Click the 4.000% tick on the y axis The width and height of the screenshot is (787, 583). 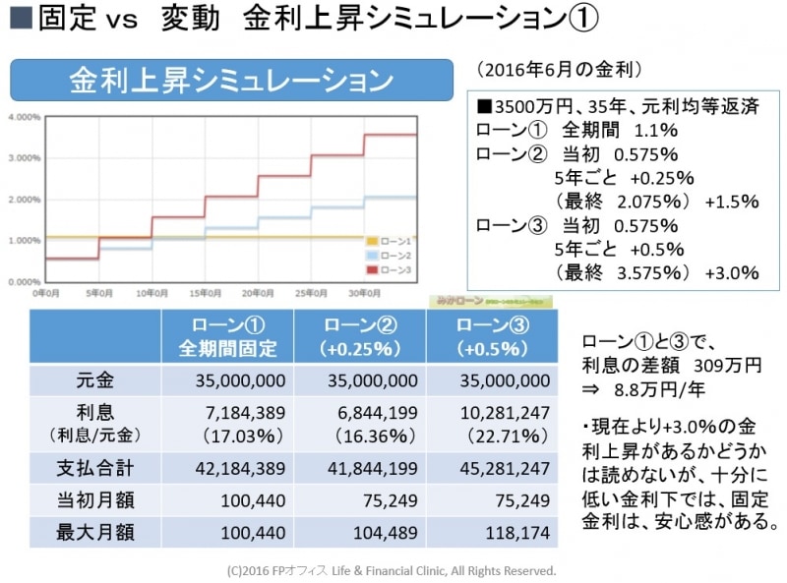coord(23,116)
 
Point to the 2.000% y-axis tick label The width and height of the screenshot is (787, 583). coord(23,200)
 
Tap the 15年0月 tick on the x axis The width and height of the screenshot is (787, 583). coord(205,292)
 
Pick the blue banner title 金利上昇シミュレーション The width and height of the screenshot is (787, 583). coord(231,80)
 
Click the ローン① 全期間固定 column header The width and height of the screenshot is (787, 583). coord(227,336)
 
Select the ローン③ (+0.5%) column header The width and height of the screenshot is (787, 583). coord(489,336)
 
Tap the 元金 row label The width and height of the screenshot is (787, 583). coord(94,379)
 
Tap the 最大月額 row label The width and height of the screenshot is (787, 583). coord(94,534)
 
